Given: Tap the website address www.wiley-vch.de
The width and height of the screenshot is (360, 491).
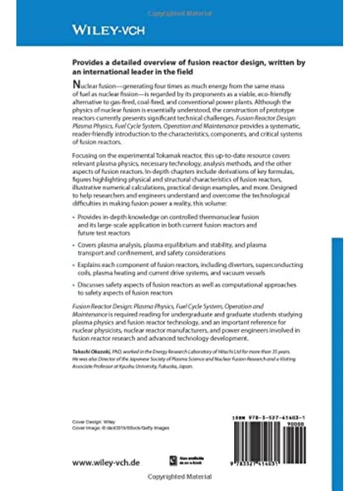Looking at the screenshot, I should pyautogui.click(x=106, y=462).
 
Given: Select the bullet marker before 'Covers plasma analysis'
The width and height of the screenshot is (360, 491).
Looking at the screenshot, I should pyautogui.click(x=74, y=246).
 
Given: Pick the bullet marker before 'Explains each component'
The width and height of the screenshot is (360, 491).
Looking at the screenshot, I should pyautogui.click(x=74, y=265).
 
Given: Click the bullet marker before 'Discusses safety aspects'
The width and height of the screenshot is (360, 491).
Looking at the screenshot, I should pyautogui.click(x=74, y=285).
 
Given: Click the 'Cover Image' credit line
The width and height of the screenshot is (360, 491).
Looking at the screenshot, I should pyautogui.click(x=121, y=428).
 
